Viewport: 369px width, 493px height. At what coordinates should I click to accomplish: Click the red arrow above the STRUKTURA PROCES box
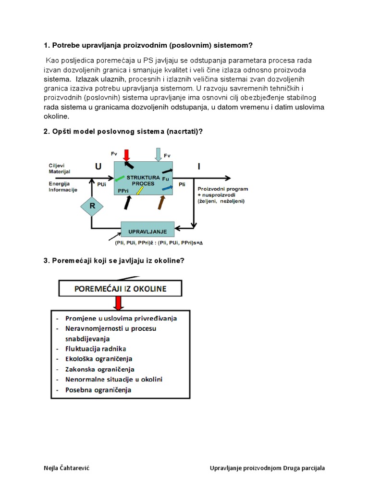coord(127,155)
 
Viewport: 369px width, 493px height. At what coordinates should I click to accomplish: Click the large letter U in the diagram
coord(98,167)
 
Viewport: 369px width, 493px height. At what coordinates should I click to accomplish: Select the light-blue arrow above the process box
coord(158,155)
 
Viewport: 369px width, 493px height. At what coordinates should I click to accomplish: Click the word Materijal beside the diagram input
coord(59,171)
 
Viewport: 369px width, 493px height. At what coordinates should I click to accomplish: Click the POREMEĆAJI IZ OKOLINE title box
coord(120,289)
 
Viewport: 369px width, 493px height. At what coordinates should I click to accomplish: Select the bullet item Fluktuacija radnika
coord(99,349)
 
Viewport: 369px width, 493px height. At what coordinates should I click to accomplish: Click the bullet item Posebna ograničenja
coord(98,390)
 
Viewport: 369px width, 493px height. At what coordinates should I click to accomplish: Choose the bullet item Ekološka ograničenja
coord(99,359)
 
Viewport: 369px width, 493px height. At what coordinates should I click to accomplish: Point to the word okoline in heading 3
coord(168,260)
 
